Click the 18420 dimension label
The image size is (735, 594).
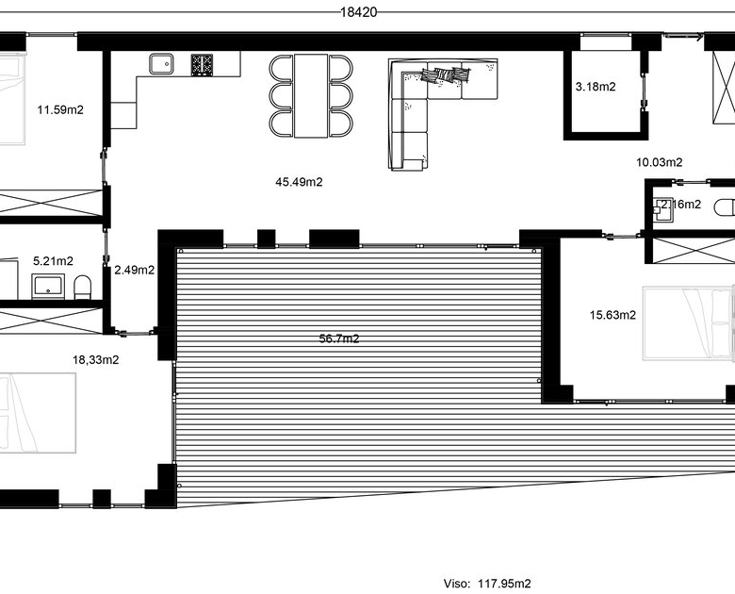(x=359, y=12)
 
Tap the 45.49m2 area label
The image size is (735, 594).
(x=299, y=182)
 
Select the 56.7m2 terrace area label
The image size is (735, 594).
(x=339, y=338)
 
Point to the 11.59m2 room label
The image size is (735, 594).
(x=60, y=110)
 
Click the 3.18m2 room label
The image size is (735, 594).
(x=596, y=87)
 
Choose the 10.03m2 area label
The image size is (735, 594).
(x=659, y=162)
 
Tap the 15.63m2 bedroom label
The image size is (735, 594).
(x=612, y=315)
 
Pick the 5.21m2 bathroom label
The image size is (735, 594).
(x=53, y=261)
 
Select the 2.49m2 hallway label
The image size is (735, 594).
(x=135, y=271)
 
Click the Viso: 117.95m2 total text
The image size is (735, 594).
(x=487, y=584)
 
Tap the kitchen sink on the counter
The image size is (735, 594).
(x=161, y=64)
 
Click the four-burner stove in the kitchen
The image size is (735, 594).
(x=202, y=65)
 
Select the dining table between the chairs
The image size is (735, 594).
(x=311, y=96)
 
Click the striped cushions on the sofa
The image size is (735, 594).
(x=446, y=75)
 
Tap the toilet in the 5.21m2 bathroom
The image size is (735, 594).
(x=83, y=288)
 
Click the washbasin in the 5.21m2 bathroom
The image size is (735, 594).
(x=48, y=287)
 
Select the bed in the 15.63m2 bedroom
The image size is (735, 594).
(x=688, y=323)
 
